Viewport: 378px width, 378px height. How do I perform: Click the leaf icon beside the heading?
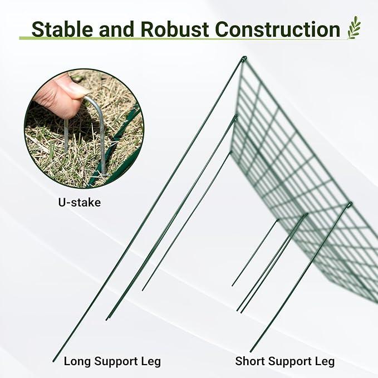[354, 27]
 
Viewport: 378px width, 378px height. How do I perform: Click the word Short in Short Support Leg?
[249, 361]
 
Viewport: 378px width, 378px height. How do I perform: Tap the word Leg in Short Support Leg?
[325, 361]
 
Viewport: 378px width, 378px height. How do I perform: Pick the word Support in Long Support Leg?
[116, 361]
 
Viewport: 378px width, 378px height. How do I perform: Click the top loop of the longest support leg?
[243, 58]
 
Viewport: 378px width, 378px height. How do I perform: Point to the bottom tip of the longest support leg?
[54, 361]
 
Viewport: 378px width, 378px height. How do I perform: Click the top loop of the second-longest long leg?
[235, 117]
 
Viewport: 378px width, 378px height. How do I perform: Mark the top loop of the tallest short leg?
[349, 205]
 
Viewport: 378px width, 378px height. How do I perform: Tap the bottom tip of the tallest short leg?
[251, 351]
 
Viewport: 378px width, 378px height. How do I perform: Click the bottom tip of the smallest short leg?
[232, 286]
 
